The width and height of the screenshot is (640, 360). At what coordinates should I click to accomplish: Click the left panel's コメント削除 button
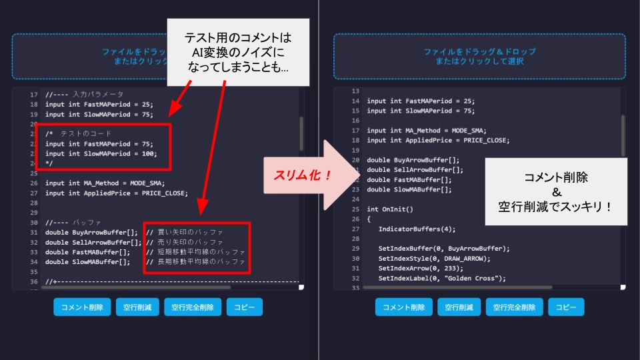coord(82,307)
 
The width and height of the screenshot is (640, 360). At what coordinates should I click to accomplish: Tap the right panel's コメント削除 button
coord(403,307)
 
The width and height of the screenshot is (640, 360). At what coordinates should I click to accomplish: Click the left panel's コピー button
coord(244,307)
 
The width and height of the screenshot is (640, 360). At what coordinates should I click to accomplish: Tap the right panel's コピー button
coord(565,307)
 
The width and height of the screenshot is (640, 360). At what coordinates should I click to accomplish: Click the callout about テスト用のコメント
coord(238,52)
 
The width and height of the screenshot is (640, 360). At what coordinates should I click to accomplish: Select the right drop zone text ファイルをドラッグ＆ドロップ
coord(479,51)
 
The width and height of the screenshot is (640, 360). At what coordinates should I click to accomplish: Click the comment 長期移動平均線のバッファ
coord(200,262)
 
